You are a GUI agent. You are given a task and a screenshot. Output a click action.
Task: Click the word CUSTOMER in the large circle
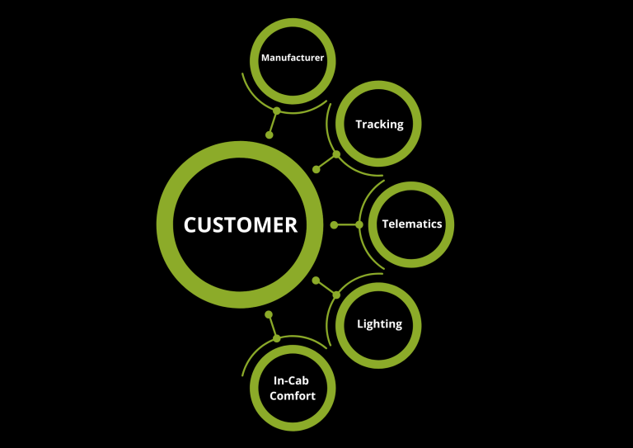pos(240,224)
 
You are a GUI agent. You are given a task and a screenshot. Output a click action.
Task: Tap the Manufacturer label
pos(293,58)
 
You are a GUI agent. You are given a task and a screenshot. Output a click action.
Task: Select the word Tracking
pos(379,125)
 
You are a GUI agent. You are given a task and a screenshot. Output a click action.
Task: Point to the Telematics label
pos(411,224)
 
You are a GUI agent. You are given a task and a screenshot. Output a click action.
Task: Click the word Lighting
pos(379,323)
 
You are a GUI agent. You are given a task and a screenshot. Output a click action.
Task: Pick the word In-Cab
pos(293,381)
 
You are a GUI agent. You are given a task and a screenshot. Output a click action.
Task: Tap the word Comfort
pos(293,396)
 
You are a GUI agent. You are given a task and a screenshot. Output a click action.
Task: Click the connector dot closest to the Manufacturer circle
pos(277,111)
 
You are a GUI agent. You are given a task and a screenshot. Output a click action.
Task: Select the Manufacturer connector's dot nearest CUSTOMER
pos(269,134)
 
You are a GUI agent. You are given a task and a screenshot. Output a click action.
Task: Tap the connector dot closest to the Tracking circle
pos(336,154)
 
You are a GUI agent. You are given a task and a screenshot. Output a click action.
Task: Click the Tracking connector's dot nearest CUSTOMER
pos(316,169)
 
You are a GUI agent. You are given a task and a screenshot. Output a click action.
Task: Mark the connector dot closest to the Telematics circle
pos(359,224)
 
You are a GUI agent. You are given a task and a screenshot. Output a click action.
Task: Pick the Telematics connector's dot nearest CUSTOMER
pos(334,224)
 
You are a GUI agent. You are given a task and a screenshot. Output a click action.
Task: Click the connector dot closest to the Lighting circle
pos(336,295)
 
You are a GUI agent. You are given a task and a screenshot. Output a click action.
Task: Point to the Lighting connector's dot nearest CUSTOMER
pos(316,280)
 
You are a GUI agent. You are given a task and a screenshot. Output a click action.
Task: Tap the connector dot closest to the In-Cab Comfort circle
pos(277,338)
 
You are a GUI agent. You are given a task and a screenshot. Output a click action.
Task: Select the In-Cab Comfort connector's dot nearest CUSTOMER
pos(269,314)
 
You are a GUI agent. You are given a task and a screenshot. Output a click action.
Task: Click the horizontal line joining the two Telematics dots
pos(346,224)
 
